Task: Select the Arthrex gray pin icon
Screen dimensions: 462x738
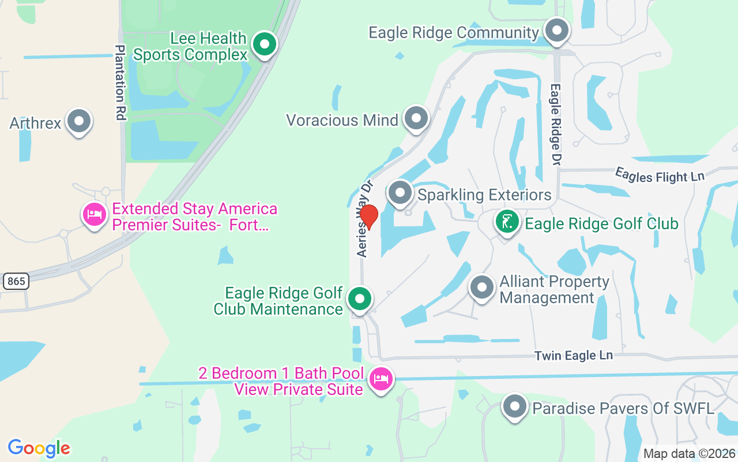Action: click(79, 121)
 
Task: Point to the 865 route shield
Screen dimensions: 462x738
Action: click(16, 281)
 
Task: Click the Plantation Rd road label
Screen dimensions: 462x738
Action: click(120, 83)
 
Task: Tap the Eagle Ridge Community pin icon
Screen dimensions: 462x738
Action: click(556, 31)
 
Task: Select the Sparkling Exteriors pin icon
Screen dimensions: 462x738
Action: click(400, 193)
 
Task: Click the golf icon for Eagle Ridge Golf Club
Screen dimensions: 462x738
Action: click(507, 222)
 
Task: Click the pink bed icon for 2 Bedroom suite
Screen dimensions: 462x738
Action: click(381, 379)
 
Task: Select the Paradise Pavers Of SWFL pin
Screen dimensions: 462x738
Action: click(514, 407)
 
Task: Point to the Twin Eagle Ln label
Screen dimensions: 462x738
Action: click(573, 355)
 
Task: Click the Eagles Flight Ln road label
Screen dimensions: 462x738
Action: click(660, 174)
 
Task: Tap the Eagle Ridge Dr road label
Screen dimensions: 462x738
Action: click(555, 124)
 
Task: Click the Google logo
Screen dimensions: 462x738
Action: click(39, 448)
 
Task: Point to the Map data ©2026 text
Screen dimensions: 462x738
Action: click(689, 454)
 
